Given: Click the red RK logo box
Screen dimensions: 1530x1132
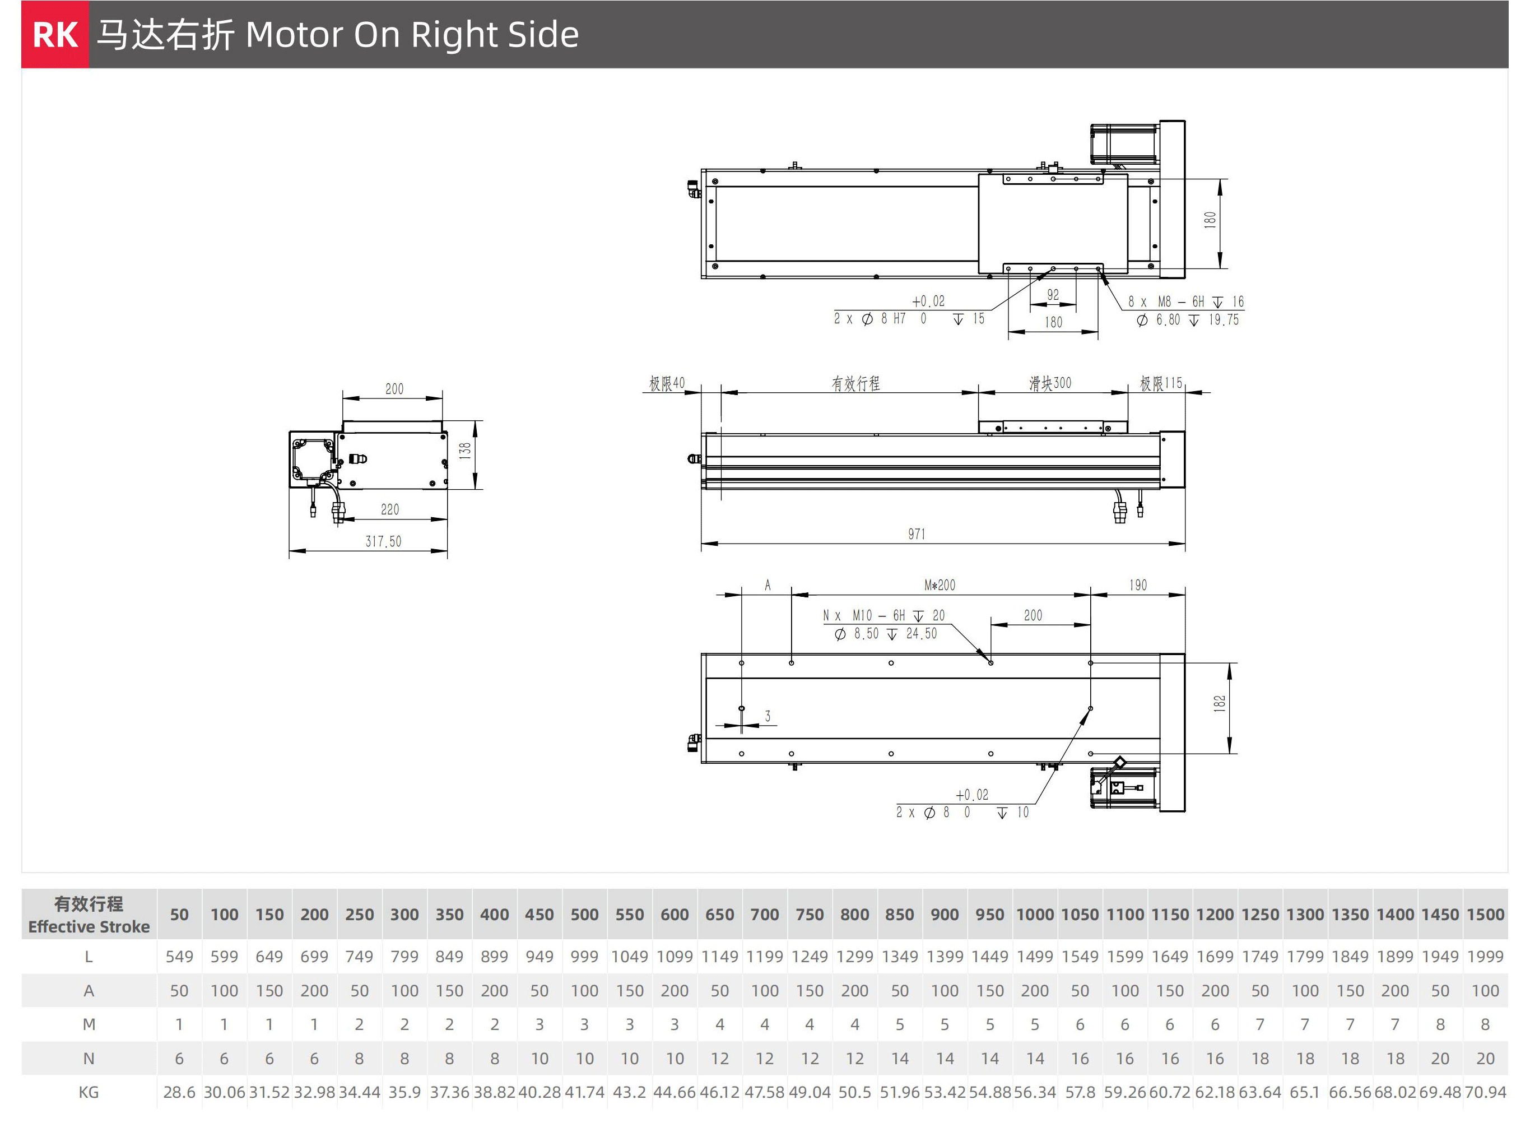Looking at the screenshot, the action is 55,34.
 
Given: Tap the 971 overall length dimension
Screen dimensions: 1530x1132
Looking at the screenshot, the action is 917,534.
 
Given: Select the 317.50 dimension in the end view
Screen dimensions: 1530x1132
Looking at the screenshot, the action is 383,541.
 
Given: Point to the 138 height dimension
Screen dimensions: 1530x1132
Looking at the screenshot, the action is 465,450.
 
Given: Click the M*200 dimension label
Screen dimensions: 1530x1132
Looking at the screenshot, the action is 940,585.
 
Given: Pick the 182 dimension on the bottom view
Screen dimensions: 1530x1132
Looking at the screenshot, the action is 1219,704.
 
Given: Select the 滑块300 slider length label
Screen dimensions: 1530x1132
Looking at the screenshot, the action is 1050,383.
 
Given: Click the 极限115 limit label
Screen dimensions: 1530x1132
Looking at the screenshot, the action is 1161,383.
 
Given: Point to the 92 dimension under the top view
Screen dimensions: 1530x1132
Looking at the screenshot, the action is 1053,295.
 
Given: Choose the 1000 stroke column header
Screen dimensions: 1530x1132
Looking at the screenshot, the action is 1035,914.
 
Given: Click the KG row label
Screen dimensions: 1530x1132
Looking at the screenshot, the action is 89,1092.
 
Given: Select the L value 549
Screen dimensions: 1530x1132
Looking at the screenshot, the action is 179,957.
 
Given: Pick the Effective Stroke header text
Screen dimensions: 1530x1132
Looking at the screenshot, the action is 89,926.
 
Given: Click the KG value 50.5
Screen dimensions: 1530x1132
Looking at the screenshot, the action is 855,1092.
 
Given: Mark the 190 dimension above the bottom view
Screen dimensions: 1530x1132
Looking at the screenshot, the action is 1138,585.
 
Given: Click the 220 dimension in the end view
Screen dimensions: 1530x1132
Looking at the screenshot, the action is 390,509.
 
